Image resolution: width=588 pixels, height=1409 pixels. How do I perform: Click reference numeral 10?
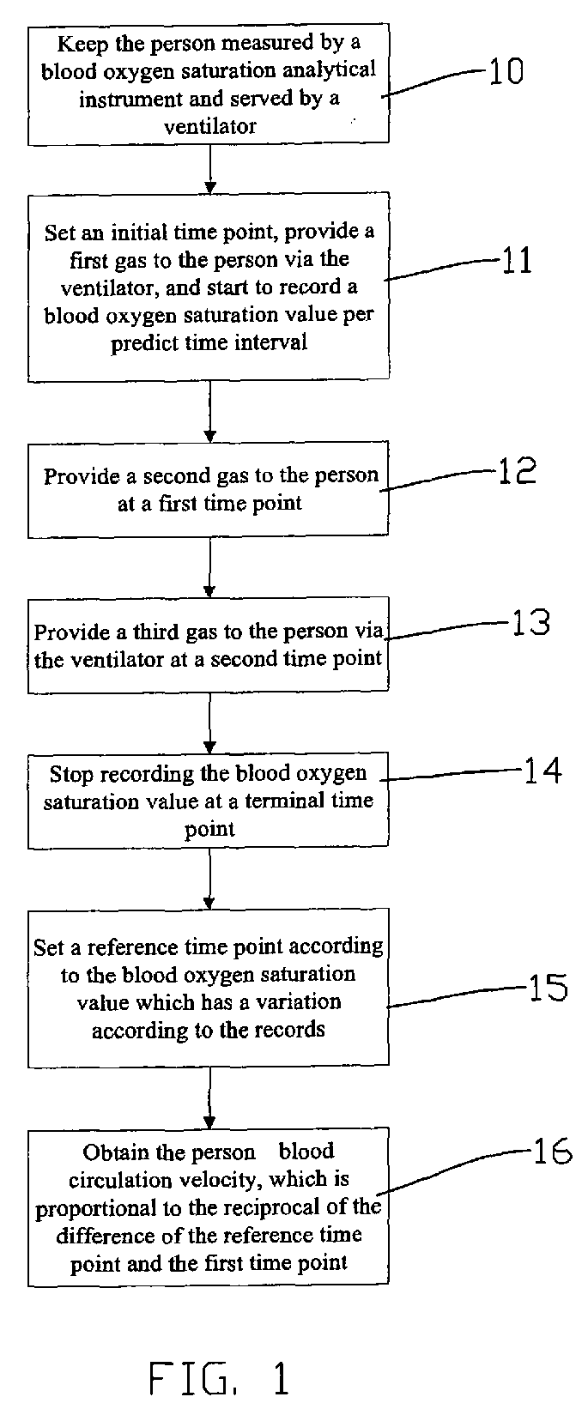(506, 71)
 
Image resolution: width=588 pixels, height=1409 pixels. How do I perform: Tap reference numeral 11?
(516, 260)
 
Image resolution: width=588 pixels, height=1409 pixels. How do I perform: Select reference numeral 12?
(517, 470)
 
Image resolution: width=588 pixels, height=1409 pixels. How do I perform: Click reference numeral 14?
(543, 771)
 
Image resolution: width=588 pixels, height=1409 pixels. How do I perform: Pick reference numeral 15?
(549, 988)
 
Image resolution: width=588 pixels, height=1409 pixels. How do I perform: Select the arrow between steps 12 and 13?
(210, 566)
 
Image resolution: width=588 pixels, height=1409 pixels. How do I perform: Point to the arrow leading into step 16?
(210, 1098)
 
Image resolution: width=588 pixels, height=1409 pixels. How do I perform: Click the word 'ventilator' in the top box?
(209, 127)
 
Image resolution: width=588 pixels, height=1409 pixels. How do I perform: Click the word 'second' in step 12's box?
(176, 476)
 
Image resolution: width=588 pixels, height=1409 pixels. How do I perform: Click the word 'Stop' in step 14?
(70, 774)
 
